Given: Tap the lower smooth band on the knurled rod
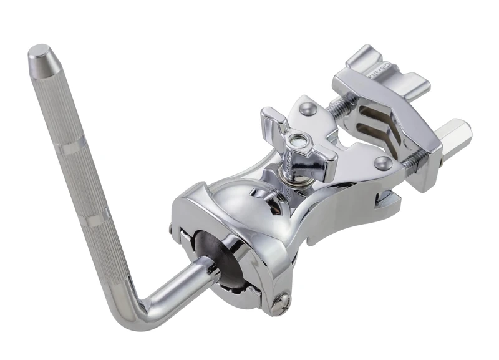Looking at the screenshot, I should (99, 220).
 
